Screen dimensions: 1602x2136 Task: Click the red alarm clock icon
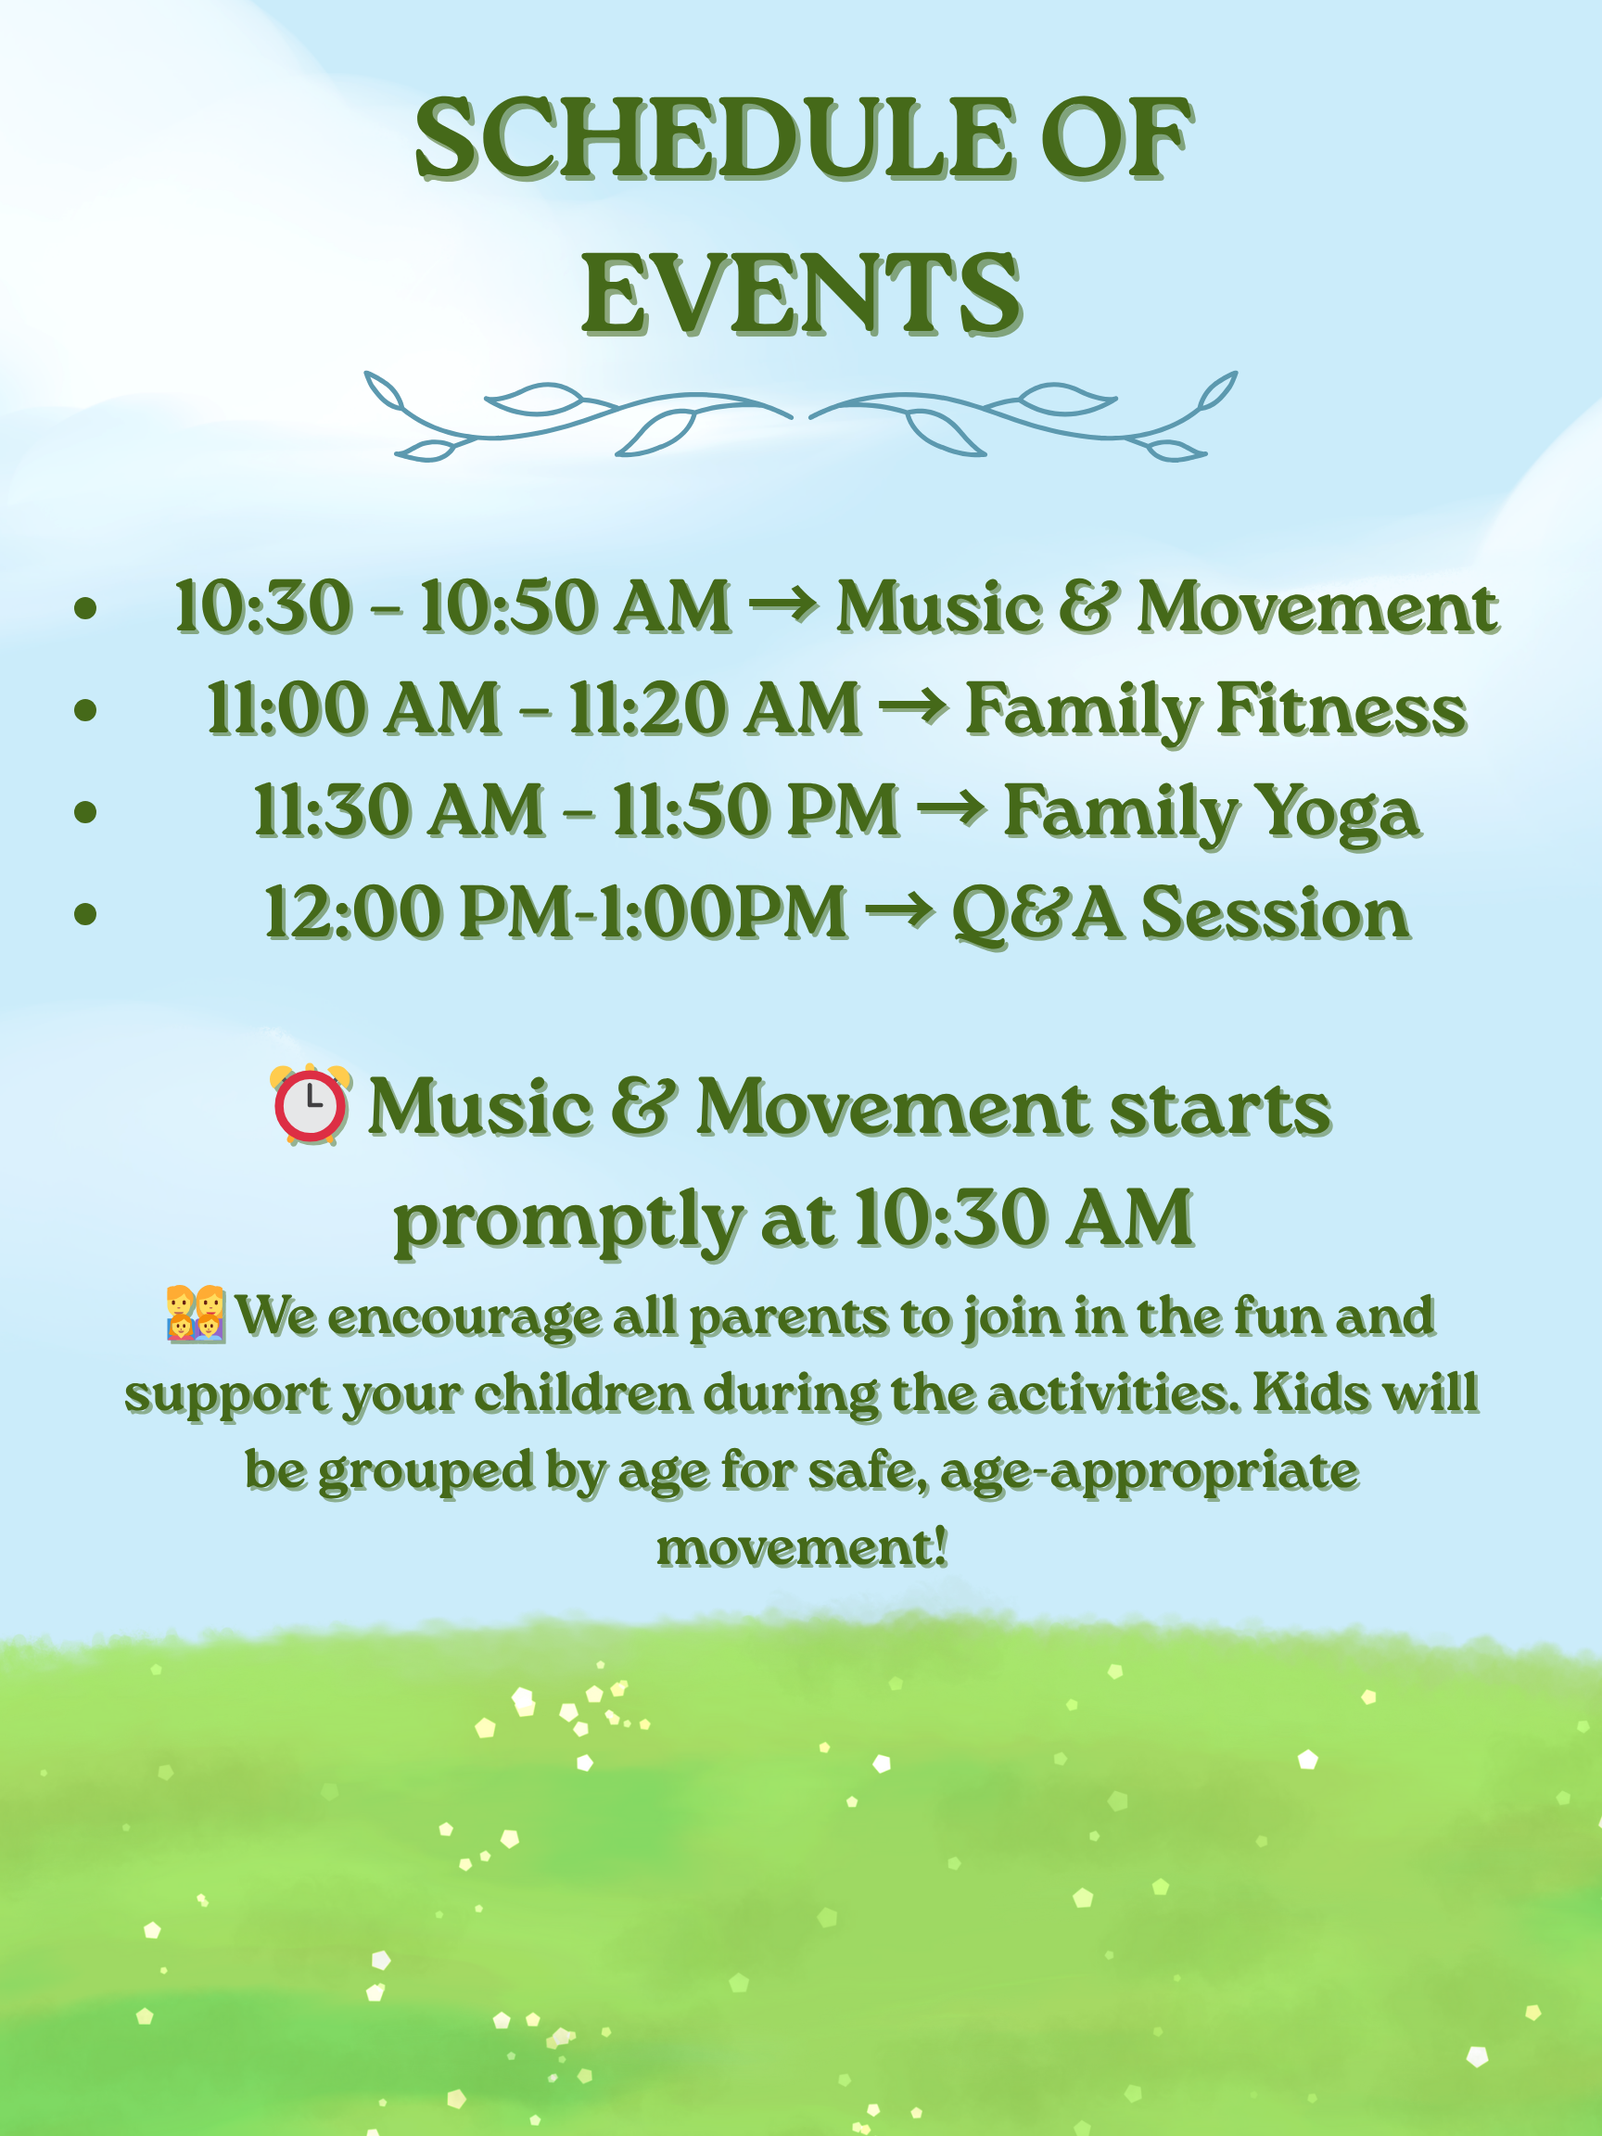tap(310, 1105)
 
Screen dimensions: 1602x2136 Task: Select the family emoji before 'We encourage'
tap(195, 1314)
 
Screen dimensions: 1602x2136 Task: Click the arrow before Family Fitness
tap(913, 706)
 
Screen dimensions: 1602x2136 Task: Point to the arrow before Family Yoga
tap(951, 808)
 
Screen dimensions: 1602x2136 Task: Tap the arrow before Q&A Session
tap(899, 909)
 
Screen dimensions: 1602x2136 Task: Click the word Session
tap(1276, 912)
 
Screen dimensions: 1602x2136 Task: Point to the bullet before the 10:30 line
tap(86, 607)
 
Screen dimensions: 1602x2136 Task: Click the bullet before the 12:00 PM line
tap(86, 912)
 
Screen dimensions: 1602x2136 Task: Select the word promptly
tap(567, 1222)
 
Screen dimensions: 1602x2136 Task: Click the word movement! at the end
tap(802, 1548)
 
